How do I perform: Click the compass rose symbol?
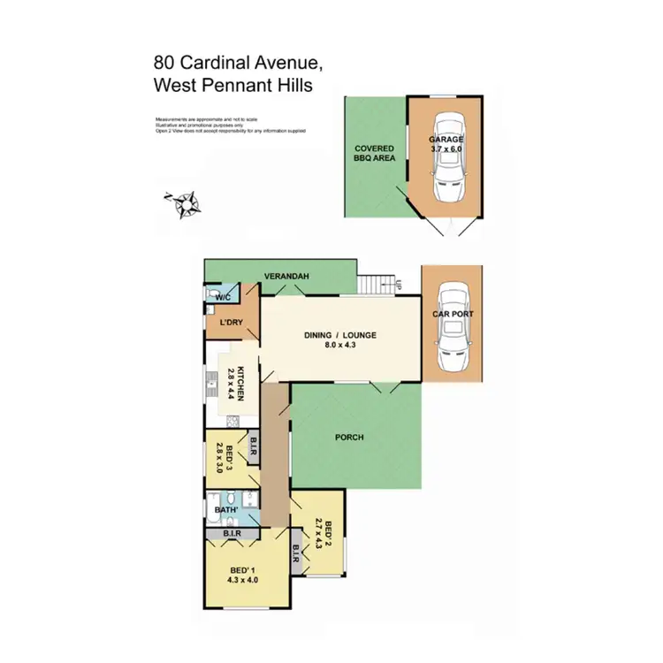tap(184, 204)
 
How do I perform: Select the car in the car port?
tap(452, 324)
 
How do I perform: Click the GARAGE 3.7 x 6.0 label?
tap(446, 145)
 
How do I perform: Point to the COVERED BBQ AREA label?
tap(375, 154)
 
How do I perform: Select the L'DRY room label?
tap(231, 323)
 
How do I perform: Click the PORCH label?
tap(351, 437)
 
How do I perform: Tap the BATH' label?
tap(225, 509)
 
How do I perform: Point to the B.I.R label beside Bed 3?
tap(253, 448)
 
